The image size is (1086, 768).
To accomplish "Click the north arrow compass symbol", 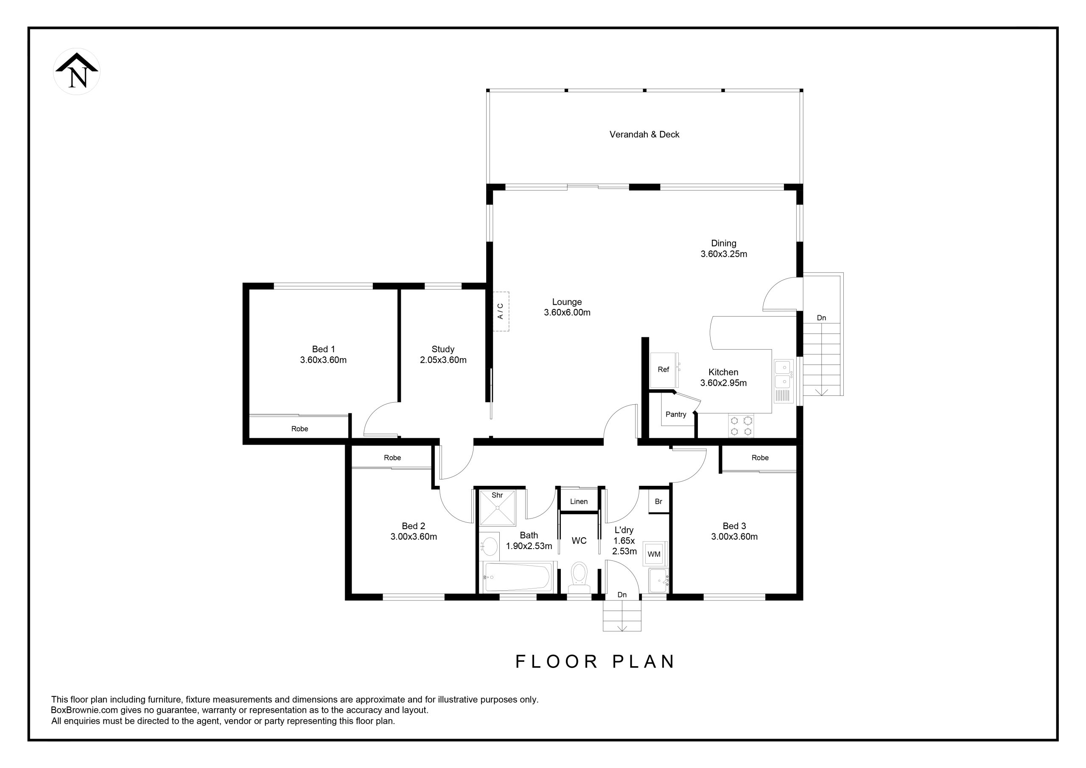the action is pyautogui.click(x=77, y=71).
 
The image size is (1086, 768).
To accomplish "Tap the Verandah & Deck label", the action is pyautogui.click(x=644, y=135).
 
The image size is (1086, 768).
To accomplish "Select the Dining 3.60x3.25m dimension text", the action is pyautogui.click(x=724, y=254).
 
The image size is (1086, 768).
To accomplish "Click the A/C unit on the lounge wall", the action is pyautogui.click(x=501, y=311).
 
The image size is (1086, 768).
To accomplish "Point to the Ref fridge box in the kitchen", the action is pyautogui.click(x=663, y=370).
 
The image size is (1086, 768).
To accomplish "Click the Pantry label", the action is pyautogui.click(x=675, y=415).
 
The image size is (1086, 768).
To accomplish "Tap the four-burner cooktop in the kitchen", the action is pyautogui.click(x=741, y=426).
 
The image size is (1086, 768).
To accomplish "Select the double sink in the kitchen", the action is pyautogui.click(x=783, y=381).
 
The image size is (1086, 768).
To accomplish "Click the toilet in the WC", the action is pyautogui.click(x=579, y=578).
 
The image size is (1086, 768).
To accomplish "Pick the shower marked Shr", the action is pyautogui.click(x=498, y=508).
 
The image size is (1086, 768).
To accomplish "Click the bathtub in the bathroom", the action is pyautogui.click(x=518, y=577).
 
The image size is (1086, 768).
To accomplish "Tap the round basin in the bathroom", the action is pyautogui.click(x=489, y=547).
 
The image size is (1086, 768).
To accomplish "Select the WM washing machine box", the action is pyautogui.click(x=654, y=554).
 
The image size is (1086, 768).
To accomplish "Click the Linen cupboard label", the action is pyautogui.click(x=579, y=502).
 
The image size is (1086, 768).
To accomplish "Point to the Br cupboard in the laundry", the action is pyautogui.click(x=658, y=502).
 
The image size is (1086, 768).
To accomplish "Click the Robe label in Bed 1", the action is pyautogui.click(x=299, y=429).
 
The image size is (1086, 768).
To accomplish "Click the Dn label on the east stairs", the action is pyautogui.click(x=821, y=318).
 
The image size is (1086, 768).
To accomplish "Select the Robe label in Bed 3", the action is pyautogui.click(x=760, y=457).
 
